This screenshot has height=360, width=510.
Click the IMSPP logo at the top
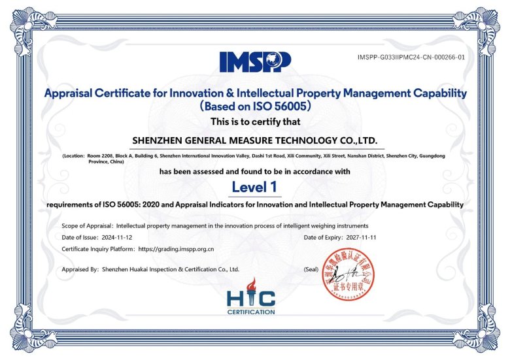(255, 61)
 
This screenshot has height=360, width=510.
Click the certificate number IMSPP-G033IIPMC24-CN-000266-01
(411, 57)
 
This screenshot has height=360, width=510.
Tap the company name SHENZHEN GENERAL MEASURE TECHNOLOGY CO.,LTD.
(255, 140)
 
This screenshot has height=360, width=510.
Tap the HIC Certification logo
(251, 302)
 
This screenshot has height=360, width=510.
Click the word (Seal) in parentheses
(312, 269)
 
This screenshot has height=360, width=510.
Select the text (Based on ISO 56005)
(255, 106)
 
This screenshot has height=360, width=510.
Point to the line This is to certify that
(255, 122)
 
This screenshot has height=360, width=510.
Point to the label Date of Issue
(78, 237)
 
